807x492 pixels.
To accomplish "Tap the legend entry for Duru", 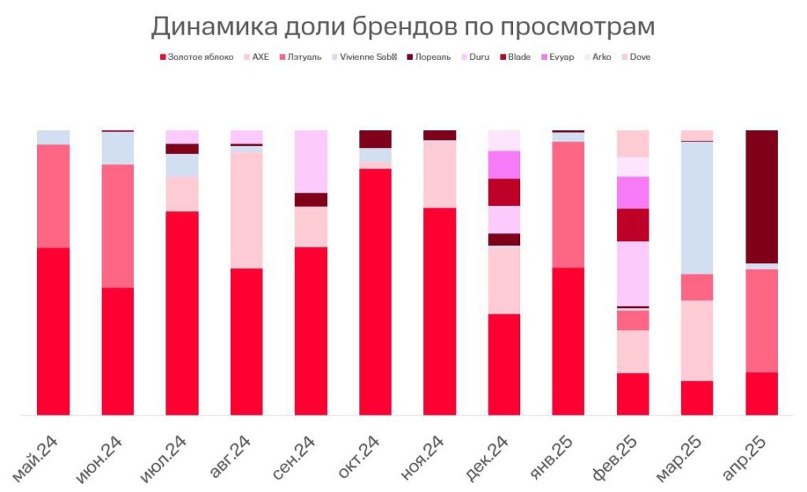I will (478, 57).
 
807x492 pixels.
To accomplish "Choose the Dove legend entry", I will (639, 57).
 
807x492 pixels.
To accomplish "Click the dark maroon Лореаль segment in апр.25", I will (761, 196).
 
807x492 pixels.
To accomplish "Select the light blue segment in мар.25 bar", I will (697, 207).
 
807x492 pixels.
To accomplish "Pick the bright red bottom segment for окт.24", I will (375, 292).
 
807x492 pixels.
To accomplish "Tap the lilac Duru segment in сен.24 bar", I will (311, 161).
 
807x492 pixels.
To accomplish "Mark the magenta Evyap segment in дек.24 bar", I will (504, 165).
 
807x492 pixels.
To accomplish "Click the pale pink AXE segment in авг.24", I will (246, 210).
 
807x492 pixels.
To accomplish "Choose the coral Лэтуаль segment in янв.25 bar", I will (568, 205).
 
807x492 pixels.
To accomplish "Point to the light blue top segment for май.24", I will (53, 137).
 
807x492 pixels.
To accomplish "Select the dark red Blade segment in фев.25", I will (633, 225).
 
